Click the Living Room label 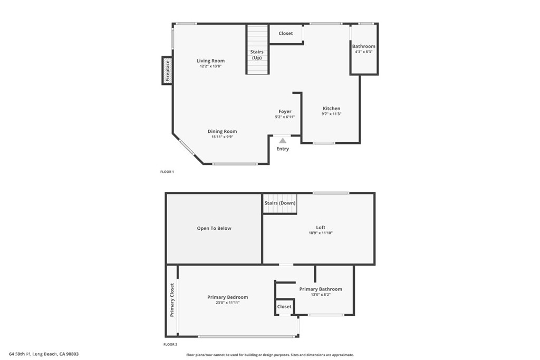click(210, 61)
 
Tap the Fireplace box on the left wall click(167, 71)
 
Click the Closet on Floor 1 click(286, 33)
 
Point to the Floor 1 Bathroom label click(364, 46)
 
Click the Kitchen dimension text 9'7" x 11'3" click(332, 114)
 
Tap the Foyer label click(285, 111)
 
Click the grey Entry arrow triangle click(283, 141)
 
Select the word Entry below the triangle click(283, 149)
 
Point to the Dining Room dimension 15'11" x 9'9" click(222, 137)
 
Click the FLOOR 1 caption click(167, 172)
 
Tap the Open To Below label click(214, 228)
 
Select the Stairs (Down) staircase click(280, 203)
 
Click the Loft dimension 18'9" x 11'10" click(321, 233)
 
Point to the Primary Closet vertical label click(172, 300)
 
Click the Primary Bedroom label click(227, 297)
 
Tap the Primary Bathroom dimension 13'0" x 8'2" click(321, 295)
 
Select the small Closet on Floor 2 click(284, 306)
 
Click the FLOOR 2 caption click(170, 344)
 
